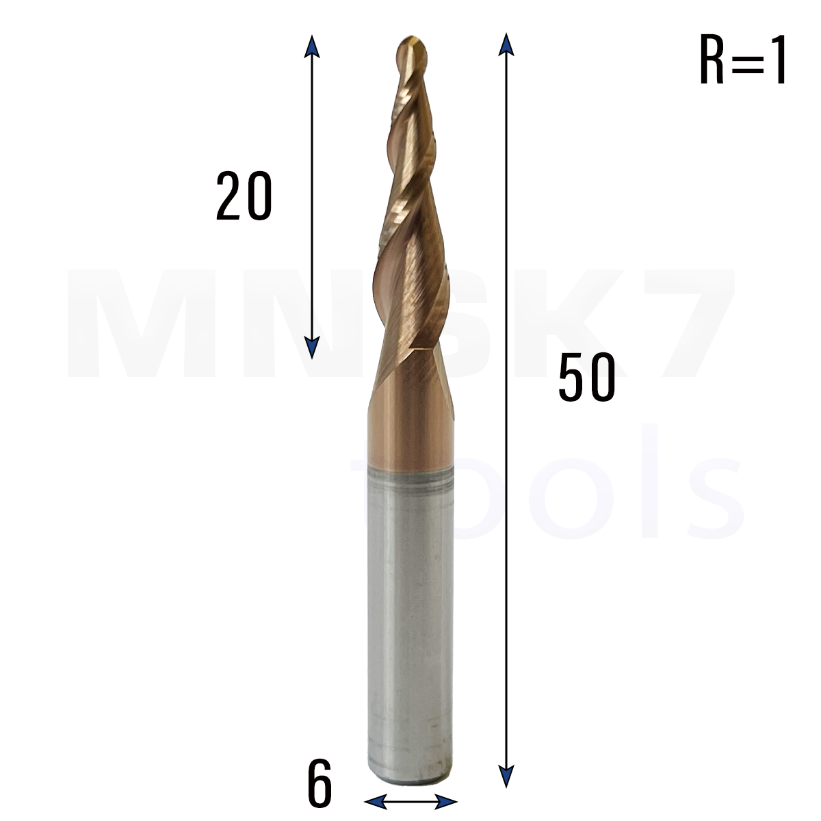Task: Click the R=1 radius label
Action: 742,60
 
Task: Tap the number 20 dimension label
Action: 244,196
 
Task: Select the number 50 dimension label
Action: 586,377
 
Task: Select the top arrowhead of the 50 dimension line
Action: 506,44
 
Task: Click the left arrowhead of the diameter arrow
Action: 376,801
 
